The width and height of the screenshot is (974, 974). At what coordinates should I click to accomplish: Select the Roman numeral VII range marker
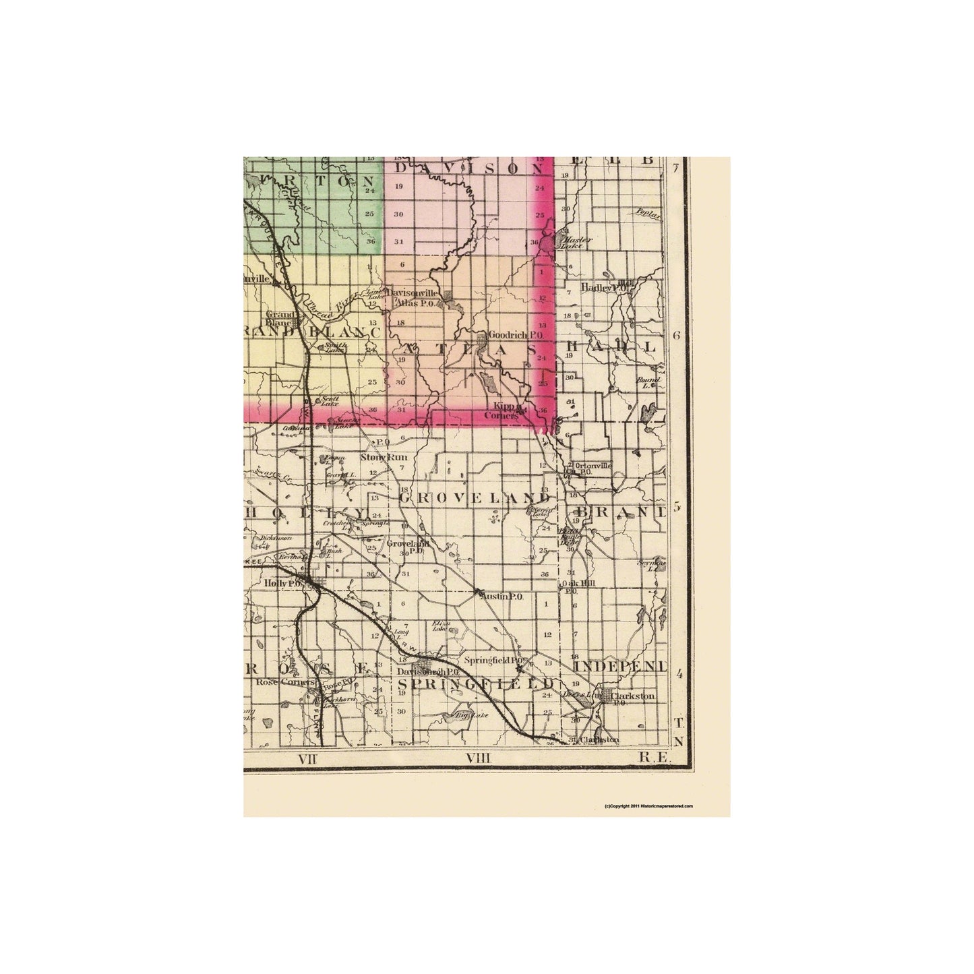(307, 758)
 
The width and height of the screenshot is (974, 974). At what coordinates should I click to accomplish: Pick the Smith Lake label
(335, 347)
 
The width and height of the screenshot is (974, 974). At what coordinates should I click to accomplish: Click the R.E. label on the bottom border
(652, 758)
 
